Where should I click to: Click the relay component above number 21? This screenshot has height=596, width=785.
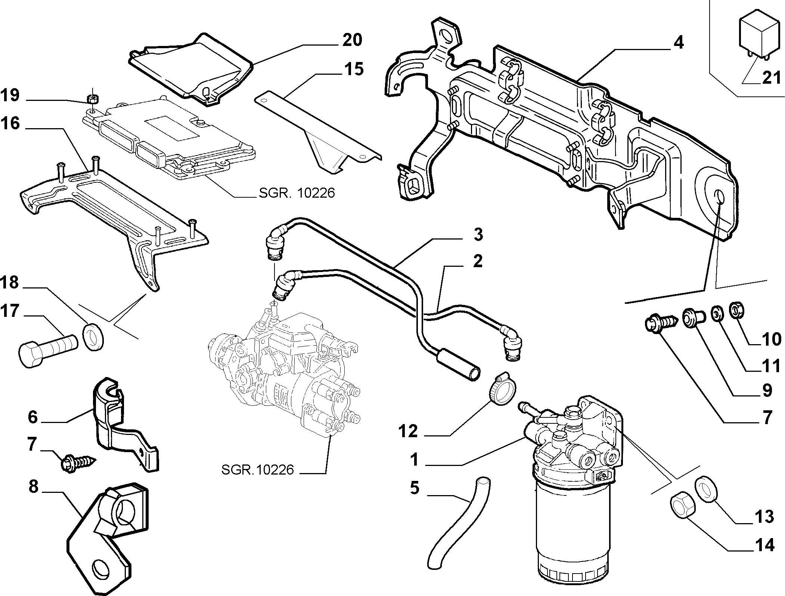753,39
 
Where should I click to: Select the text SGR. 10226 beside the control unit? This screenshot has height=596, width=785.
297,193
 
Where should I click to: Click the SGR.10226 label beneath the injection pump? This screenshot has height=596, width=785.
258,469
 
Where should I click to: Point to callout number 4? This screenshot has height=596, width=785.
679,43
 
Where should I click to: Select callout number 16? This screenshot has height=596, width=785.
10,123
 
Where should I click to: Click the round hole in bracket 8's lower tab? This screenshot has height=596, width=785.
101,570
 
